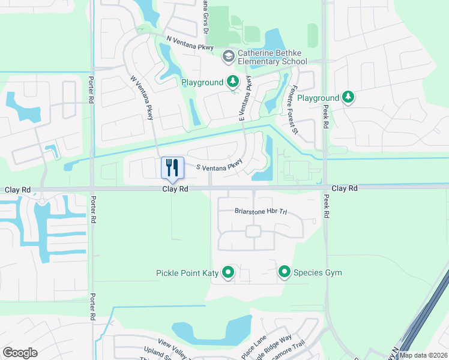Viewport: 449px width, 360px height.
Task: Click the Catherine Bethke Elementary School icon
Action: tap(228, 57)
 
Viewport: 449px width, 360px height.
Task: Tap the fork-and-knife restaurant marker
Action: tap(173, 167)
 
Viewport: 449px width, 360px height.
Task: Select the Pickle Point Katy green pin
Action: tap(228, 273)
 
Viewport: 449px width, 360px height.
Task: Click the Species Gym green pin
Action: tap(285, 273)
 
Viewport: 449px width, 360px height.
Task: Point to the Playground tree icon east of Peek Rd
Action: tap(348, 98)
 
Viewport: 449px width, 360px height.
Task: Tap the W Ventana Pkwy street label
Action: tap(142, 98)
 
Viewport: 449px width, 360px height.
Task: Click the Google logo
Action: tap(20, 353)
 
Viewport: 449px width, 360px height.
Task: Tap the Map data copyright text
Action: tap(423, 355)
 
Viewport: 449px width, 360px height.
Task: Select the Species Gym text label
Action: tap(318, 273)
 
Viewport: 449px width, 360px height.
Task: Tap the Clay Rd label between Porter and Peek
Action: tap(175, 188)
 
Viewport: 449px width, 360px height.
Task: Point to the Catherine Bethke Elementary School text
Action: tap(273, 57)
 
